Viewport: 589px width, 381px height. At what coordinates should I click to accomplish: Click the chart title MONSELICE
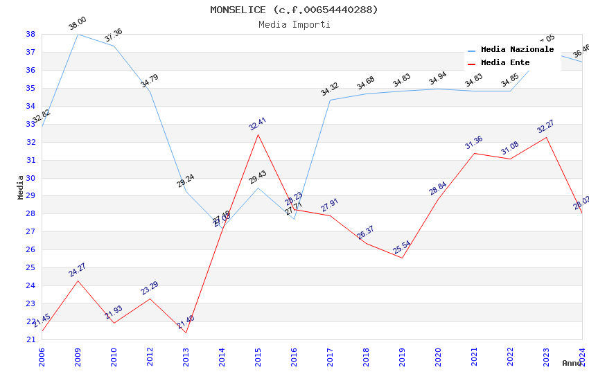294,10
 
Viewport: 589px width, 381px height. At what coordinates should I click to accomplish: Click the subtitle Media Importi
294,24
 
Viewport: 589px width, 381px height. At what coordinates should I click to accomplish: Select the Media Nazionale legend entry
517,50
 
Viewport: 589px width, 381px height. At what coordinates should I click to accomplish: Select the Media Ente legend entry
505,63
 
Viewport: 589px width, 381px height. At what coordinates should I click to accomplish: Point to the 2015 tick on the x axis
258,354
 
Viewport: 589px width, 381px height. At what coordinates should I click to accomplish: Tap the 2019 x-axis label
402,354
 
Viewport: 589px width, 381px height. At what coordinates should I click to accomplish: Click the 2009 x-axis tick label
78,354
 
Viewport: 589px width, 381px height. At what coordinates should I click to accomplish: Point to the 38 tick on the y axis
30,34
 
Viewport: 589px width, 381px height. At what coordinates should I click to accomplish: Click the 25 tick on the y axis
30,267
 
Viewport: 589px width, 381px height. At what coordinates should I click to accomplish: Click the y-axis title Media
21,187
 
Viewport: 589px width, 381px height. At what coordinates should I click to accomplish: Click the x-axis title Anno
572,363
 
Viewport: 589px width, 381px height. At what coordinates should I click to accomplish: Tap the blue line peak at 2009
78,34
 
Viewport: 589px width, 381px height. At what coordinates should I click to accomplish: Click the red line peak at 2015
258,134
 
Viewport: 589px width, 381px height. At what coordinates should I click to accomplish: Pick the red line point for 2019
402,258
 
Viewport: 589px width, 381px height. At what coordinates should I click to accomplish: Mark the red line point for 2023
546,137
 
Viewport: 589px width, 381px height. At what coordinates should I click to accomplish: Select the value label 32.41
257,124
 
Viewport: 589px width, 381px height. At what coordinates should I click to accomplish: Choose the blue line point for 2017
330,100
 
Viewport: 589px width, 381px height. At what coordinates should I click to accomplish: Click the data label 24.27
77,270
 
